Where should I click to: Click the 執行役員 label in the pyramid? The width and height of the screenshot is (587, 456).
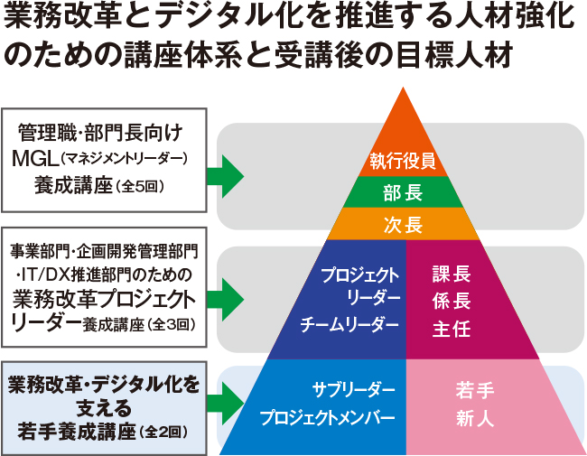404,162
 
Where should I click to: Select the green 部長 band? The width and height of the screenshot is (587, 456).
404,192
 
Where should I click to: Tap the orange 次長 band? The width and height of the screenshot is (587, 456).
404,224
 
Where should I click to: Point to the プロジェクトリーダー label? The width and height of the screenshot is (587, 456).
360,285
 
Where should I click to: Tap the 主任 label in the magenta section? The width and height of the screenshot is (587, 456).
452,328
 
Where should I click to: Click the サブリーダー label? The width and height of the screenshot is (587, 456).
354,390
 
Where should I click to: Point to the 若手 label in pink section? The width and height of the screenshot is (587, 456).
475,390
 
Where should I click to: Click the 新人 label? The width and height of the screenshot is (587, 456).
475,418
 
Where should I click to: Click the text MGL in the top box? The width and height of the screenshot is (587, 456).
35,159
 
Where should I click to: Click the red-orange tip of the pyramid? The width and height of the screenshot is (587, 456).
404,117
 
